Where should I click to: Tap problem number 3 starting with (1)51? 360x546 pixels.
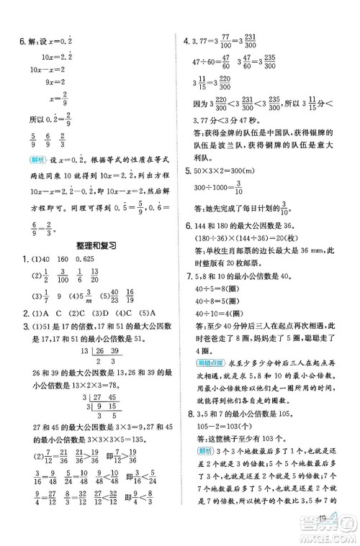9,322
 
